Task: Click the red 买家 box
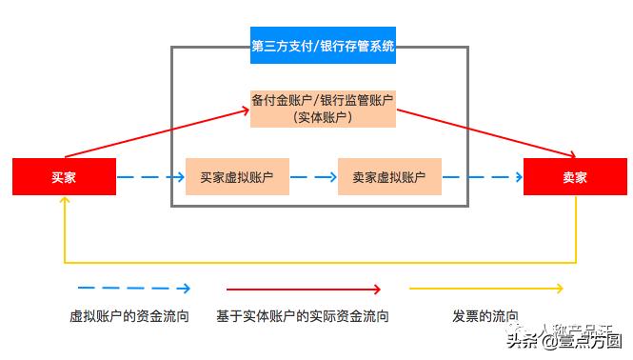(64, 177)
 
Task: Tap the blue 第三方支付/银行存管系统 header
(323, 46)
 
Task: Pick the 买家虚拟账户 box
(237, 177)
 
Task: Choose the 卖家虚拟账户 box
(389, 177)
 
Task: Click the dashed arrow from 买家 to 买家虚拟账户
(150, 177)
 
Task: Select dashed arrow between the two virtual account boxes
(313, 177)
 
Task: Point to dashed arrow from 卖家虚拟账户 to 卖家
(482, 177)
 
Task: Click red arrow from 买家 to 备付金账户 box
(157, 133)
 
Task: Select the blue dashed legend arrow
(133, 288)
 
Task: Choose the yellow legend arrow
(485, 288)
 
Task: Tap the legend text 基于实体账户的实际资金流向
(303, 316)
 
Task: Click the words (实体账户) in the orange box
(323, 117)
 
